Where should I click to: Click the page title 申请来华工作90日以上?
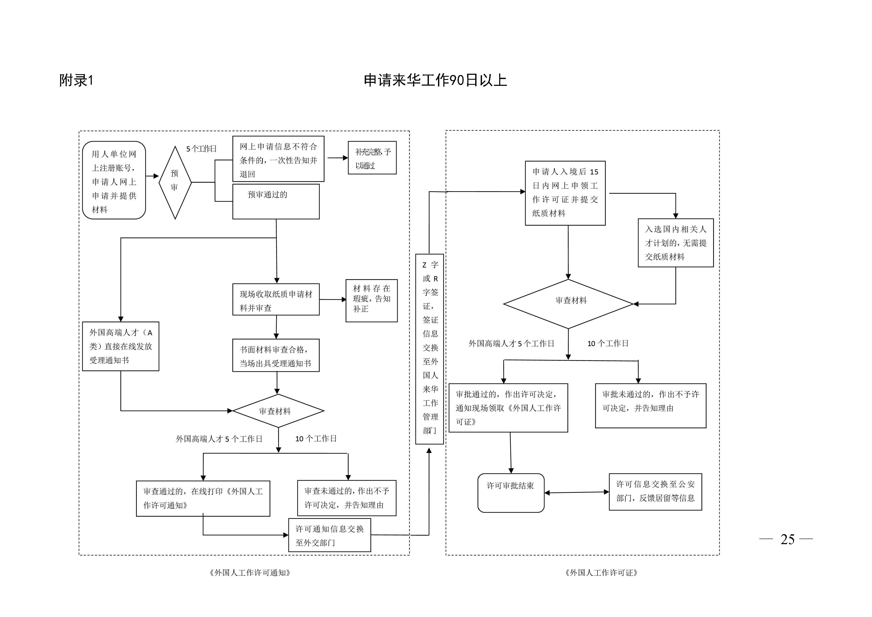(x=435, y=80)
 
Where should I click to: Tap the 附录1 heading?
(x=76, y=80)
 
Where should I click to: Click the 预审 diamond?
(x=175, y=182)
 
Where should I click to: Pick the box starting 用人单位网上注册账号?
(x=114, y=180)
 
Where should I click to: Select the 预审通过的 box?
(x=276, y=201)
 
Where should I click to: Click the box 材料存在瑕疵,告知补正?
(x=372, y=300)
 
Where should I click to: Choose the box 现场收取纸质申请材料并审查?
(x=276, y=299)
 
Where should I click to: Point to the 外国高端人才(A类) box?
(x=120, y=346)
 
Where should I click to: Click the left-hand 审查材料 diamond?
(x=278, y=411)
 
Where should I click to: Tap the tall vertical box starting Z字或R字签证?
(x=430, y=349)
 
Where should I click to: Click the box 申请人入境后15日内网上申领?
(x=565, y=193)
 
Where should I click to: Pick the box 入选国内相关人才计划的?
(x=676, y=243)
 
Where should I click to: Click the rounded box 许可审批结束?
(x=511, y=493)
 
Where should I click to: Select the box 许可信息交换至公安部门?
(x=655, y=492)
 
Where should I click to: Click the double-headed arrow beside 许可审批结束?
(x=577, y=492)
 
